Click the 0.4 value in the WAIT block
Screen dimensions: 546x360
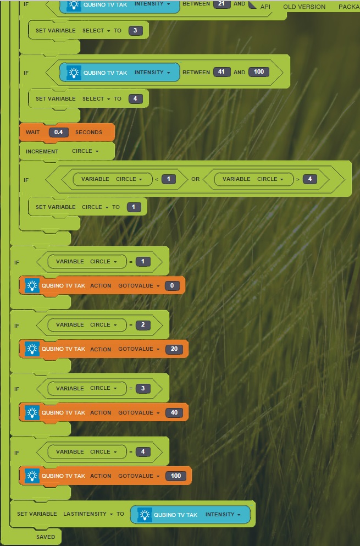pos(58,133)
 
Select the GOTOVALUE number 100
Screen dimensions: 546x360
pos(175,476)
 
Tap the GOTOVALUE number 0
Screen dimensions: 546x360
pos(172,286)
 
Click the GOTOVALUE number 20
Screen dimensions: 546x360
pos(174,349)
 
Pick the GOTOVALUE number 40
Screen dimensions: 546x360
pos(174,412)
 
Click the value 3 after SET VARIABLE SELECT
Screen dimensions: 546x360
pos(135,31)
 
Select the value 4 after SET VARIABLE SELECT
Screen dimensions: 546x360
pos(135,99)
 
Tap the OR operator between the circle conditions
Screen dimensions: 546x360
pos(195,179)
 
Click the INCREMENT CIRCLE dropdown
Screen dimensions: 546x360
pos(85,151)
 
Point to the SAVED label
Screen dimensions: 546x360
pos(46,537)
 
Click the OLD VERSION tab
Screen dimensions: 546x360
pos(304,7)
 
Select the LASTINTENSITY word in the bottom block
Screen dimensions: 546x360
pos(85,514)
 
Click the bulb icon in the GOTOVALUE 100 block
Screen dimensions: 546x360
pos(32,476)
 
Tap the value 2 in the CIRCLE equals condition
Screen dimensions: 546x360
pos(143,325)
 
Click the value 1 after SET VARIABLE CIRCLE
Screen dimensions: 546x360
pos(134,207)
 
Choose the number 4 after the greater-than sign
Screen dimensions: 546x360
pos(311,179)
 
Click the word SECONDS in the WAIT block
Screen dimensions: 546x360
pos(88,133)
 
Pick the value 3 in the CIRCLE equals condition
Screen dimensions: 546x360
pos(143,388)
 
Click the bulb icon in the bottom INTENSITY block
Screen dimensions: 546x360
pos(145,515)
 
